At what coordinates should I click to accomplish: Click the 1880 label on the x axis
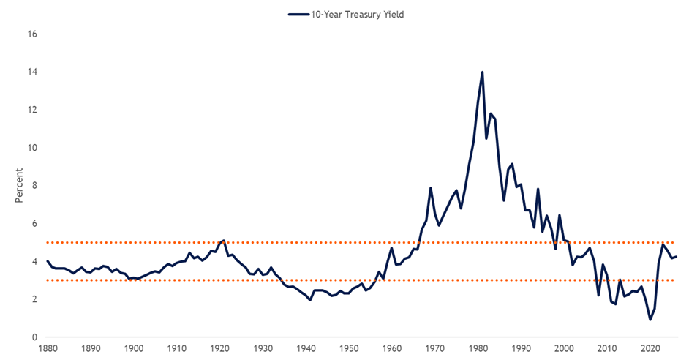48,349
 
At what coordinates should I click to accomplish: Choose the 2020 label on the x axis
650,349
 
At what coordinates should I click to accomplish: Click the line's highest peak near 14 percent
483,72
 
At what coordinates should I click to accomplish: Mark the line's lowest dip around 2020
650,320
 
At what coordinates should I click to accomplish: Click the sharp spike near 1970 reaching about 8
431,188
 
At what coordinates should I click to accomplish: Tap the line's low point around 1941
310,300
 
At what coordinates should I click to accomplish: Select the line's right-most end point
677,257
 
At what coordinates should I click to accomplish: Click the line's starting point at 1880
48,261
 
